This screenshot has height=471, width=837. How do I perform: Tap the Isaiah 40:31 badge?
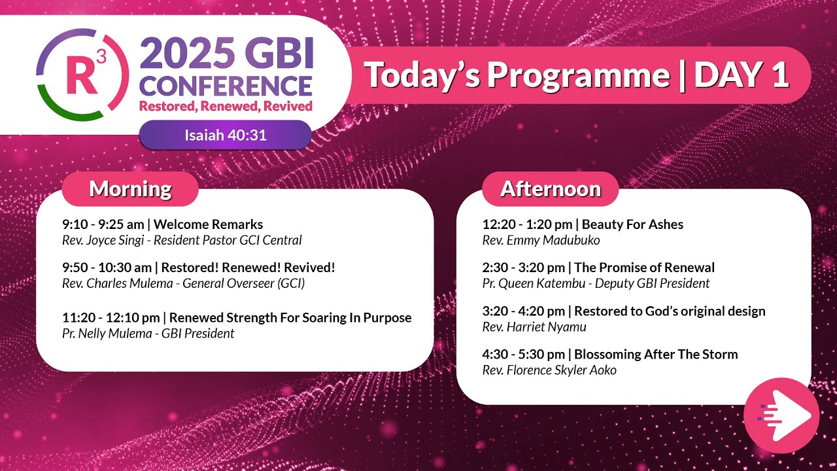point(225,135)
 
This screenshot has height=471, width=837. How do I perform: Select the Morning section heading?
point(130,189)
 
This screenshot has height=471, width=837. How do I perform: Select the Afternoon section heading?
point(550,189)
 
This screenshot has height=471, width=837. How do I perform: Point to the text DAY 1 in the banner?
point(741,75)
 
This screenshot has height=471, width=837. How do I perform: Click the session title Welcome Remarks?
point(208,224)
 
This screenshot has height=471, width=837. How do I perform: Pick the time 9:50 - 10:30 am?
point(108,268)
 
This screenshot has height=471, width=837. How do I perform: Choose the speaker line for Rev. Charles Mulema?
point(183,283)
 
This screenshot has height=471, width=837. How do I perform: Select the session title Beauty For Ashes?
point(632,224)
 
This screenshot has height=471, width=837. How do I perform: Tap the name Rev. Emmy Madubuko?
point(541,240)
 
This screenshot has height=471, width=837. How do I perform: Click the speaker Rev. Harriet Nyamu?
point(534,327)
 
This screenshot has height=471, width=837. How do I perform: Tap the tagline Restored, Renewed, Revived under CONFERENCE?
point(226,106)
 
